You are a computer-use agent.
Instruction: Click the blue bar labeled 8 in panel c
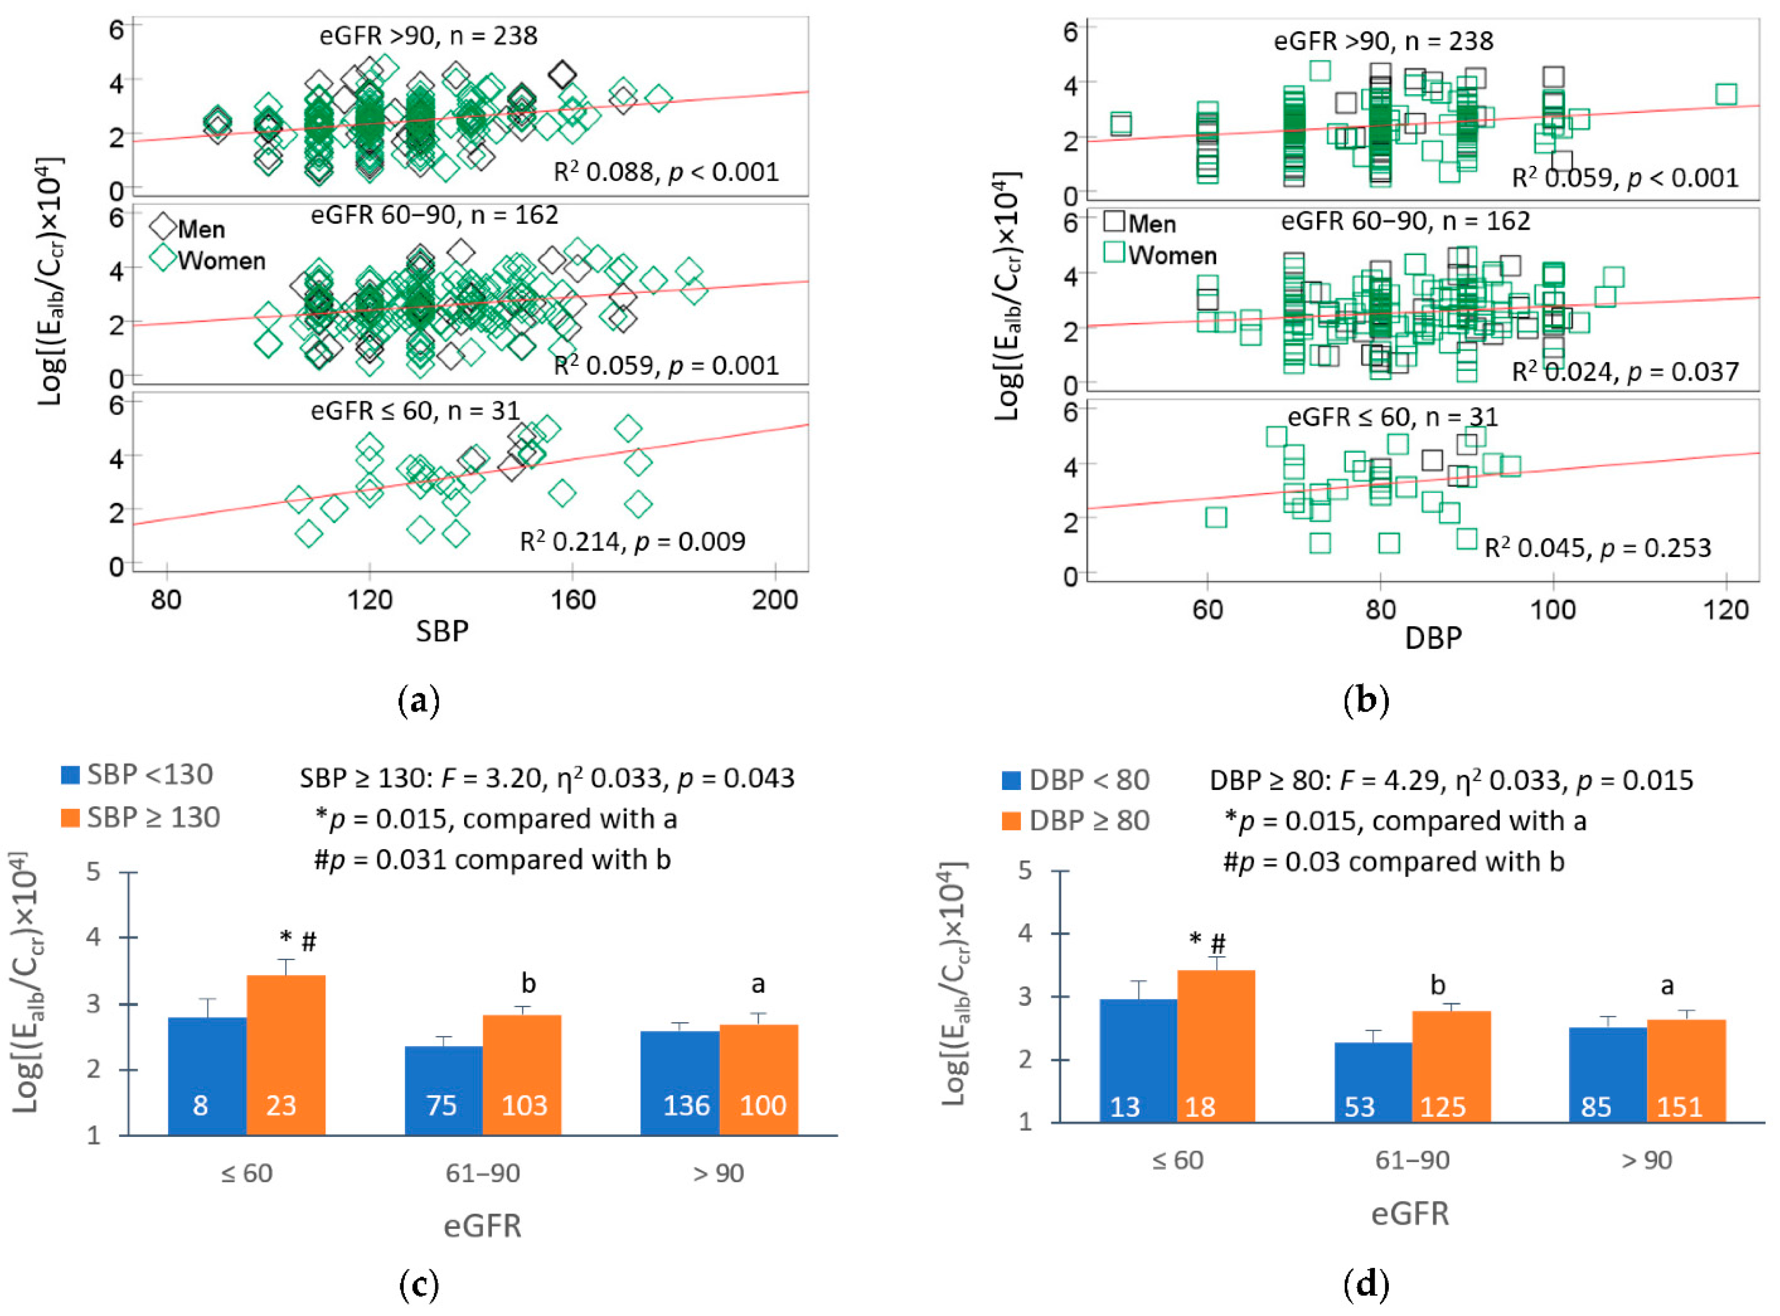point(207,1076)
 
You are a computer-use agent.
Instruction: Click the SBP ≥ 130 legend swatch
point(70,817)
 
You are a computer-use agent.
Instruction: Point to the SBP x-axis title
point(441,631)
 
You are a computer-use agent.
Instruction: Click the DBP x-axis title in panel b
point(1432,637)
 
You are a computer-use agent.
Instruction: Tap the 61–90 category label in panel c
point(482,1172)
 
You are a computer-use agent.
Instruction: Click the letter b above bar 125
point(1437,986)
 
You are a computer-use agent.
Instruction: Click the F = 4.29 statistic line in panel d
point(1451,780)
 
